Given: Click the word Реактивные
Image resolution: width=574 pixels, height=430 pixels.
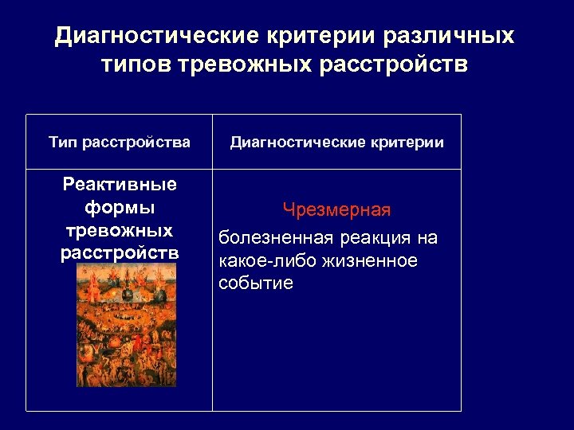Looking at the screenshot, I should (x=120, y=186).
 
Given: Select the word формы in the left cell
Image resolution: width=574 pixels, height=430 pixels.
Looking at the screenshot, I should (x=120, y=208).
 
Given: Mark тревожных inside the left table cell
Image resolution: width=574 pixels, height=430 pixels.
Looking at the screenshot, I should (x=120, y=231).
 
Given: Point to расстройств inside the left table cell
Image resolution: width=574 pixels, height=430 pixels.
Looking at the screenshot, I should (x=120, y=253).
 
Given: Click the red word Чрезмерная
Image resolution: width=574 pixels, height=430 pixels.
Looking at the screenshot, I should (x=336, y=210).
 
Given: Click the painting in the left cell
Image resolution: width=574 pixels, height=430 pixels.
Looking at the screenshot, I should (x=126, y=326).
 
